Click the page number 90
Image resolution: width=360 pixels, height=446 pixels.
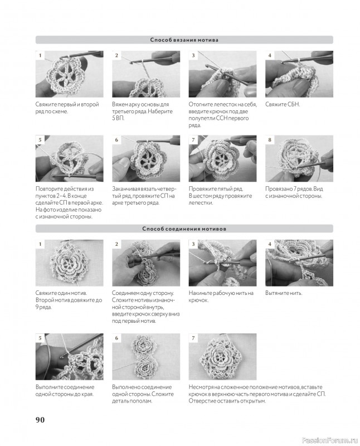point(40,420)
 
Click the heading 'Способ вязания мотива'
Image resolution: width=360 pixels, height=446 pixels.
point(184,40)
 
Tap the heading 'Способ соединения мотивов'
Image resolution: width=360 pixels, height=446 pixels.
point(184,229)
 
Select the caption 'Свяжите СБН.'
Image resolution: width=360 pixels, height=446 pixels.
point(283,104)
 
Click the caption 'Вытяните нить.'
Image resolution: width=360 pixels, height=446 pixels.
point(284,293)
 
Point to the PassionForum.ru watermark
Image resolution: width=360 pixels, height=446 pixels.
point(329,440)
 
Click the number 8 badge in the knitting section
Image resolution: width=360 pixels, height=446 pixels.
point(270,140)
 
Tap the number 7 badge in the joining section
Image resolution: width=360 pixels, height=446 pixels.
point(193,338)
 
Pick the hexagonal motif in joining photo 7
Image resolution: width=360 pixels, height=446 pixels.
point(222,357)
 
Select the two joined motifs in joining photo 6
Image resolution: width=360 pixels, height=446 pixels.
point(145,357)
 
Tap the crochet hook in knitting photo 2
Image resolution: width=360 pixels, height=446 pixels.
point(154,59)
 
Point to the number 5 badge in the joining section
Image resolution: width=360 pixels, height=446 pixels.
point(40,338)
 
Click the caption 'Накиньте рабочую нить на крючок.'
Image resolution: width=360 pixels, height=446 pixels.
point(221,297)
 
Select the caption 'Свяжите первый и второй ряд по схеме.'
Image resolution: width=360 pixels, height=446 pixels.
point(67,108)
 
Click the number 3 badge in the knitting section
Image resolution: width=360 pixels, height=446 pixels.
point(193,55)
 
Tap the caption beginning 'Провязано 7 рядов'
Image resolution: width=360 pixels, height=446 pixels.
point(294,192)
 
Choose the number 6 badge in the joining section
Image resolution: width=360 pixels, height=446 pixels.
point(116,338)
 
